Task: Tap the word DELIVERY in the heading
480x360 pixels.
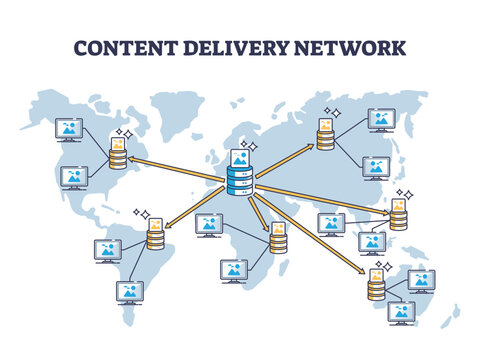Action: (241, 47)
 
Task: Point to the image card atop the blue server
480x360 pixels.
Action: (240, 157)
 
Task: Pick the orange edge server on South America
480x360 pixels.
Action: (155, 236)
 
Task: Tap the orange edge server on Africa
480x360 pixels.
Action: (277, 239)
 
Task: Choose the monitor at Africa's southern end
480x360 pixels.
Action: (234, 269)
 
